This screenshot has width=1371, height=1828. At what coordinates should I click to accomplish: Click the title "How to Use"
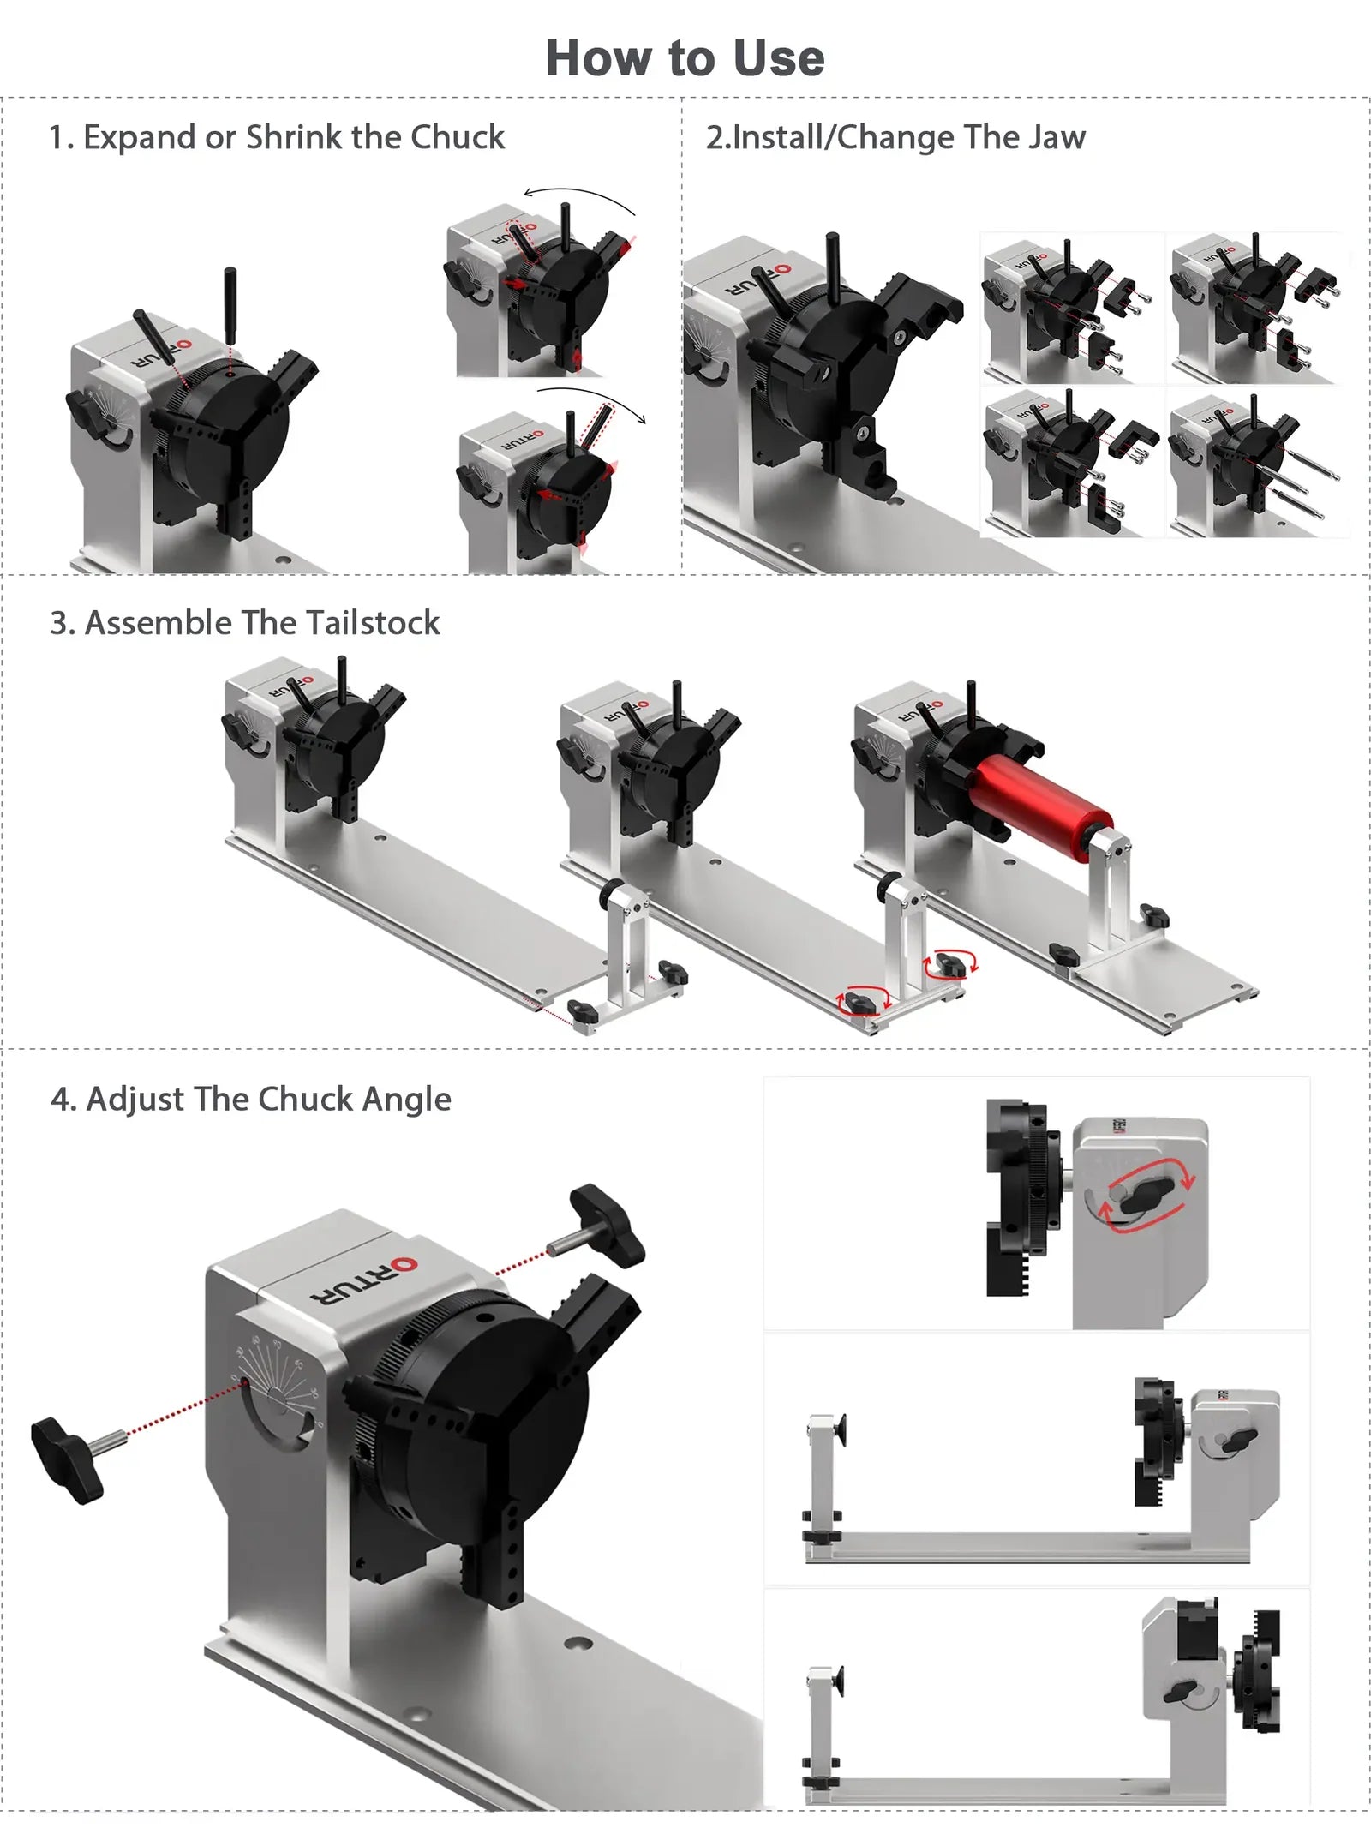[685, 58]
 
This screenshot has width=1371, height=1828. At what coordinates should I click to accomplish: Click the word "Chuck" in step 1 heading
[458, 137]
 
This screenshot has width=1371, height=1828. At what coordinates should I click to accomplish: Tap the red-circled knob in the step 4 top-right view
[1146, 1194]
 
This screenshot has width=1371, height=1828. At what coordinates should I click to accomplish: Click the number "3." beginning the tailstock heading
[62, 623]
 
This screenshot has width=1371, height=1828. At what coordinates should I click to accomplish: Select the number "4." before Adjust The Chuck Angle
[63, 1100]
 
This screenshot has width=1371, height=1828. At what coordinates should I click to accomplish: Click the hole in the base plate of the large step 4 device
[578, 1643]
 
